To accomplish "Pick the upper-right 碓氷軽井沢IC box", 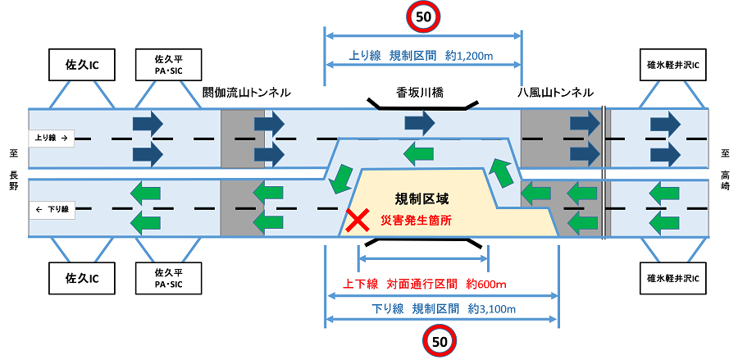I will point(672,63).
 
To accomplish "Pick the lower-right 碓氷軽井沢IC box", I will point(672,279).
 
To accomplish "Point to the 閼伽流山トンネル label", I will point(246,93).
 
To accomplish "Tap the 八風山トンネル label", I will point(555,93).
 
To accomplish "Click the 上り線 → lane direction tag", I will point(52,139).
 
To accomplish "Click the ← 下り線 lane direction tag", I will point(52,210).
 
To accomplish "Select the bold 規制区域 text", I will point(422,198).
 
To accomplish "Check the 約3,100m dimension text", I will point(491,310).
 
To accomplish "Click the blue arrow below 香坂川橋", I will point(418,124).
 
